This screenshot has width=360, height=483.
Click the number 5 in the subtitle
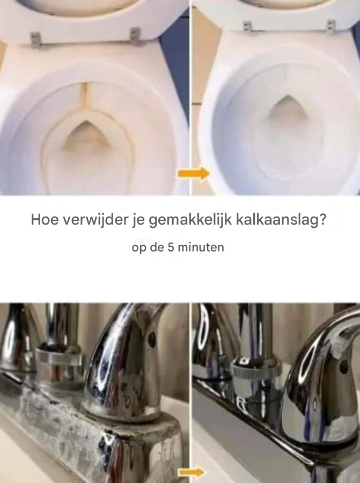[171, 247]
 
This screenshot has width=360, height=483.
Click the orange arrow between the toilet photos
[193, 174]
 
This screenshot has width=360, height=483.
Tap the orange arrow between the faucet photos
[192, 472]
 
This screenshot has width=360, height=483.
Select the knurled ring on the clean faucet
[257, 367]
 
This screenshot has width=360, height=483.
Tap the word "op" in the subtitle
[139, 248]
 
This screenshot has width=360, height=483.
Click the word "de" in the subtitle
[157, 247]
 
